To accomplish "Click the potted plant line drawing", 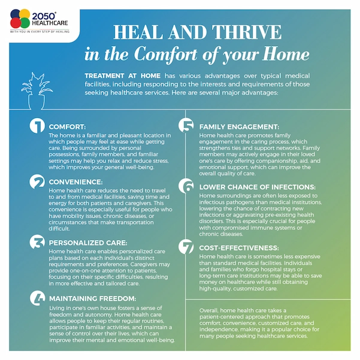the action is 37,91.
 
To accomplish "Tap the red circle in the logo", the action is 16,23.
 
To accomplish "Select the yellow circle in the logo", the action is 25,14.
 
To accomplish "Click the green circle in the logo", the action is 25,23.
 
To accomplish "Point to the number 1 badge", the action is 37,125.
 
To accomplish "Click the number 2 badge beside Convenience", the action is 37,181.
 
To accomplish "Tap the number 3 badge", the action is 37,242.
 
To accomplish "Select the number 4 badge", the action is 37,298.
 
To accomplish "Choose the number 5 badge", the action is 186,125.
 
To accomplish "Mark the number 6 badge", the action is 186,186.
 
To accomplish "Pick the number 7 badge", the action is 186,247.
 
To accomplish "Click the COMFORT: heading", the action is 67,127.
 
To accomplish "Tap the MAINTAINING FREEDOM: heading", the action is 92,298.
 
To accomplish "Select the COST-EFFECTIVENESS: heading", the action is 239,248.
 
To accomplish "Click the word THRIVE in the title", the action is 247,32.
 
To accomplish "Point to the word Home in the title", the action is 286,54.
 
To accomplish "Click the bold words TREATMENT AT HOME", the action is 123,75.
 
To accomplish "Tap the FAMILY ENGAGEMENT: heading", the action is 239,127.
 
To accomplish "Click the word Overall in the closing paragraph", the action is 208,311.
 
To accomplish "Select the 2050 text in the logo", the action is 44,16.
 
